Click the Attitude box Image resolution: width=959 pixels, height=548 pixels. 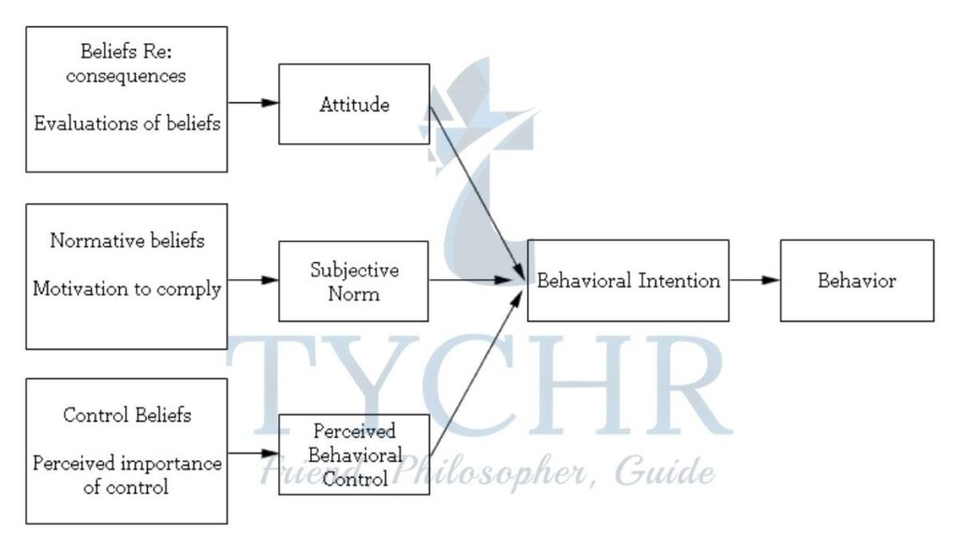click(354, 104)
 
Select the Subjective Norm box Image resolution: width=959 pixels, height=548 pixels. click(354, 281)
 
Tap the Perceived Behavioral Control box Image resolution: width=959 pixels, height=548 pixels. click(354, 455)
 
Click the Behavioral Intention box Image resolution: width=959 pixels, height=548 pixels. click(627, 280)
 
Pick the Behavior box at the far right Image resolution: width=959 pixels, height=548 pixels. click(856, 280)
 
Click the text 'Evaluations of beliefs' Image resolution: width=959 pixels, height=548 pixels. click(127, 125)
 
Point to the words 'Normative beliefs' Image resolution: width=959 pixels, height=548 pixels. click(127, 241)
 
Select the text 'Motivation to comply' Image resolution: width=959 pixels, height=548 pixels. click(127, 289)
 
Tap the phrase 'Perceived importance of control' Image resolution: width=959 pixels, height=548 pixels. click(127, 474)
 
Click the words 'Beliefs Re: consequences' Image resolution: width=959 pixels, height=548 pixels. click(127, 65)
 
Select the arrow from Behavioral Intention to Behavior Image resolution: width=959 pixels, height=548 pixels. click(754, 279)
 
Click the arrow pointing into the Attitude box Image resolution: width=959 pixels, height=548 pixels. click(253, 102)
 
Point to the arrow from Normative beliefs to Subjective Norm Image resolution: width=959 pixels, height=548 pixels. click(253, 279)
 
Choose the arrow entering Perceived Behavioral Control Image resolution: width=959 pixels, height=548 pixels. click(253, 454)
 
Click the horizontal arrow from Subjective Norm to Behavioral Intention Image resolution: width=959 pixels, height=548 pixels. click(478, 279)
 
